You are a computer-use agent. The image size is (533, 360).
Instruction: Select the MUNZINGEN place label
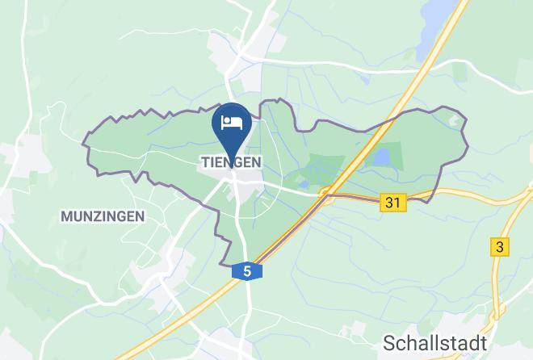coord(102,216)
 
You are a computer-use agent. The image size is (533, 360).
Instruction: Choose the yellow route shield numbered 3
coord(501,248)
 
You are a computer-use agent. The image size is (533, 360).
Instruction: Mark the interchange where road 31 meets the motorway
coord(327,194)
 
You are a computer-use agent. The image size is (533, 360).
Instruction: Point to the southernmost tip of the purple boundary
coord(224,263)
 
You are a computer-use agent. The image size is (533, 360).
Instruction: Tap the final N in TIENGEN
coord(255,162)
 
